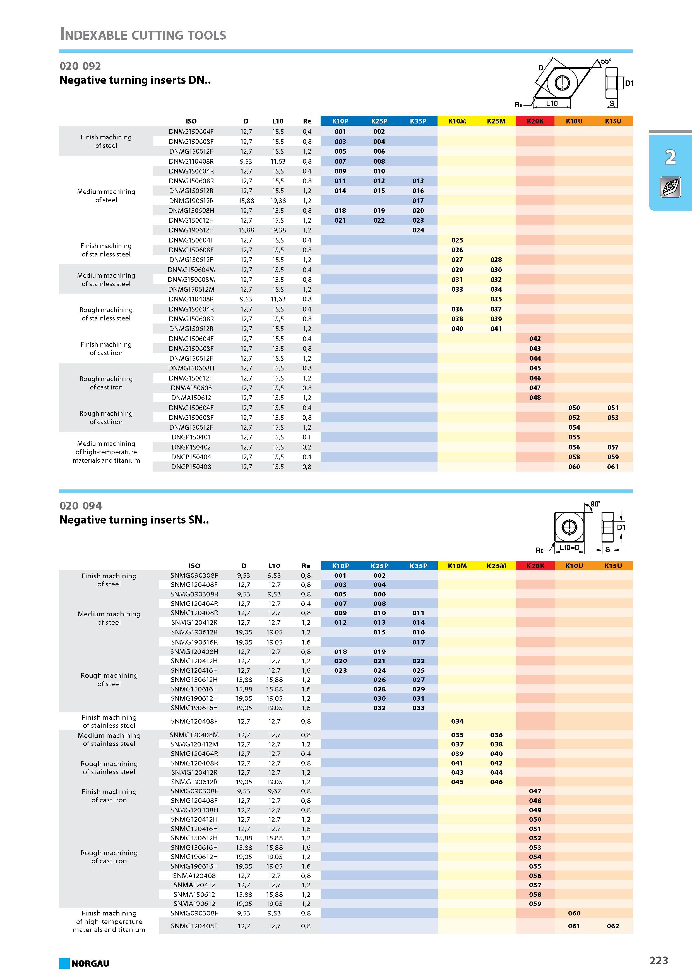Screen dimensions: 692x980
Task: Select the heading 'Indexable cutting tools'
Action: [x=143, y=34]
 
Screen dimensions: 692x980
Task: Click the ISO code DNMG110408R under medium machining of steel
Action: [x=191, y=161]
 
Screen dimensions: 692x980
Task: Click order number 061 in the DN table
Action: [x=613, y=467]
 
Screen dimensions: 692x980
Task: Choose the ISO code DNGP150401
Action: [x=191, y=437]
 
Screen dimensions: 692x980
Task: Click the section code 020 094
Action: [x=81, y=506]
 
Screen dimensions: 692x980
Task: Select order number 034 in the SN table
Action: [x=457, y=721]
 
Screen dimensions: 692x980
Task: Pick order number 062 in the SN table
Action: [x=613, y=926]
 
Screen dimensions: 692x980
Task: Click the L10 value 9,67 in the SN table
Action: [x=274, y=791]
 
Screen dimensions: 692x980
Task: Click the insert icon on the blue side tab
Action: [x=670, y=187]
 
